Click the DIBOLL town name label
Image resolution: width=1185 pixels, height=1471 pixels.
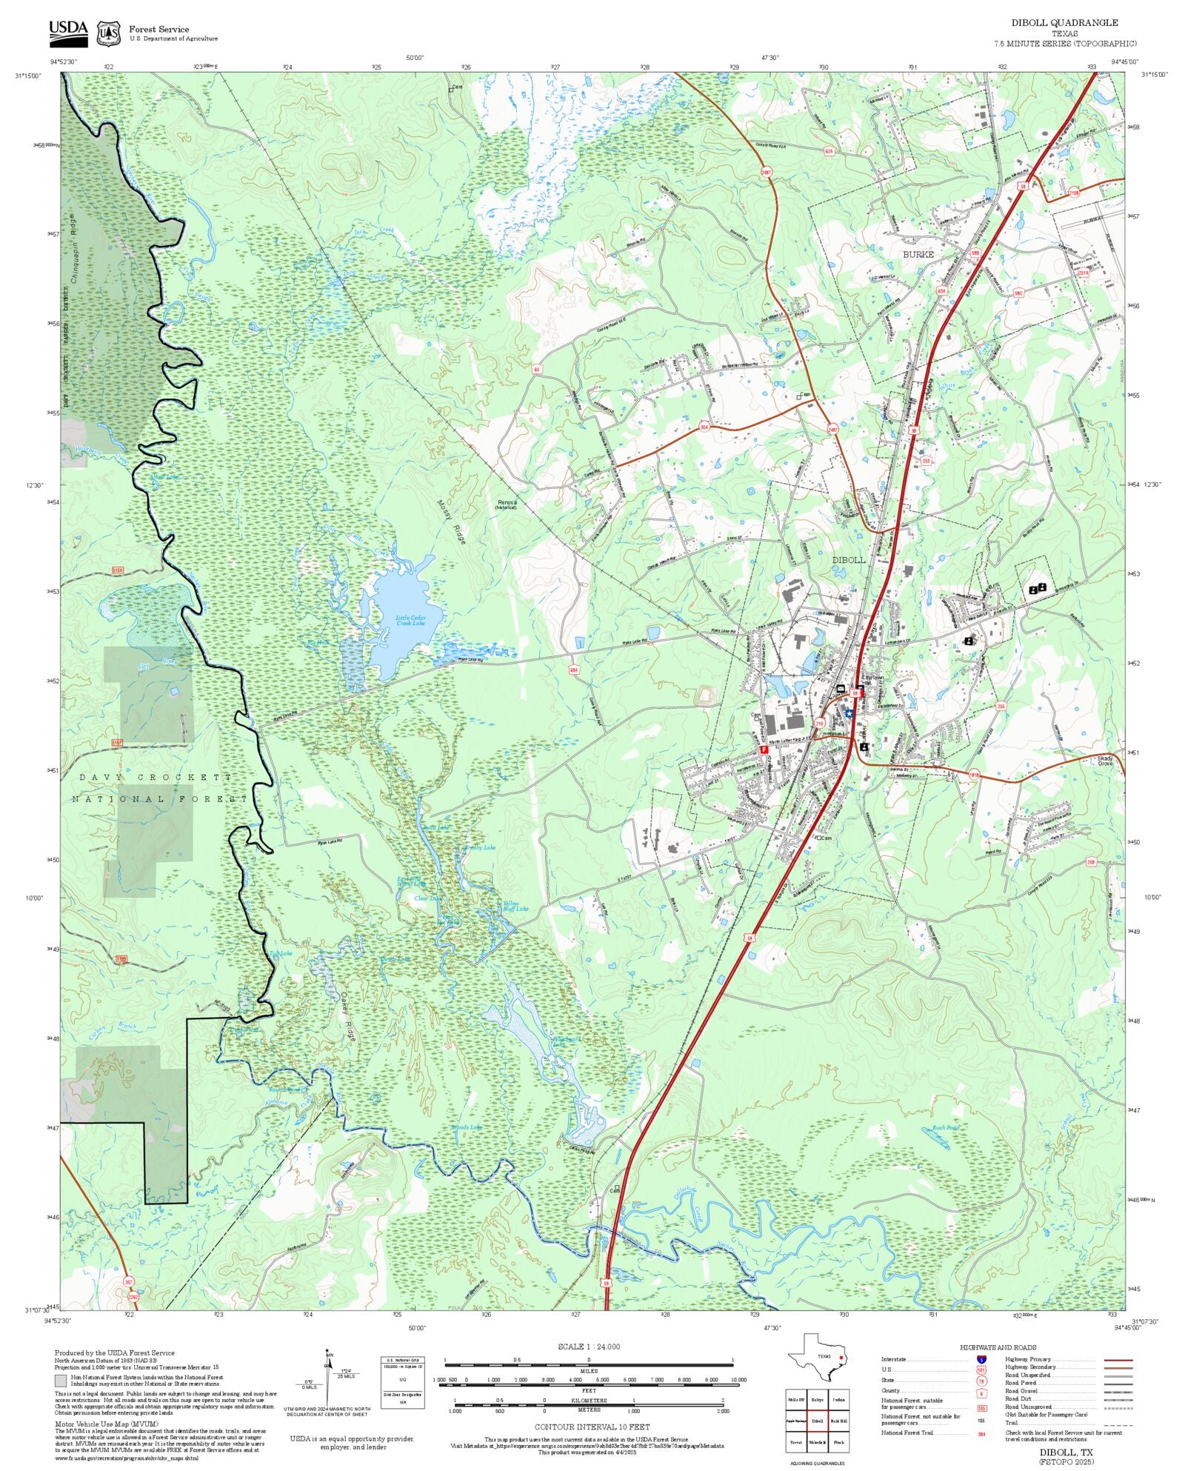point(848,560)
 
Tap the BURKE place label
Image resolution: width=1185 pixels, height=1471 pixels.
point(918,254)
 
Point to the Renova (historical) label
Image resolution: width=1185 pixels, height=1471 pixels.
point(507,504)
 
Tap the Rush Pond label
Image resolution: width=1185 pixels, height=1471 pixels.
point(945,1128)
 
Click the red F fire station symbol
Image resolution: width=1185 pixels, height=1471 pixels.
point(764,750)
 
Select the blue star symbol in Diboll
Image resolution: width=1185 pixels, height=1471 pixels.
point(849,713)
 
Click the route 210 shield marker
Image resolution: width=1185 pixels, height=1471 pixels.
point(819,723)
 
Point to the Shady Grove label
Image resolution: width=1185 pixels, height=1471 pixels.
point(1104,761)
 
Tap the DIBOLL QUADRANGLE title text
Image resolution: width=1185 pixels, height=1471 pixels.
point(1064,23)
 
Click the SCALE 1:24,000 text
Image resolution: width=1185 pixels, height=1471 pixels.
point(589,1347)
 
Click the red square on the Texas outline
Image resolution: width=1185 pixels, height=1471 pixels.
point(841,1358)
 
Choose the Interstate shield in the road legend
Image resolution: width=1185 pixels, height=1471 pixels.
point(981,1360)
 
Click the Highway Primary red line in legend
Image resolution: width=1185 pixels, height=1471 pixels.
point(1118,1360)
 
